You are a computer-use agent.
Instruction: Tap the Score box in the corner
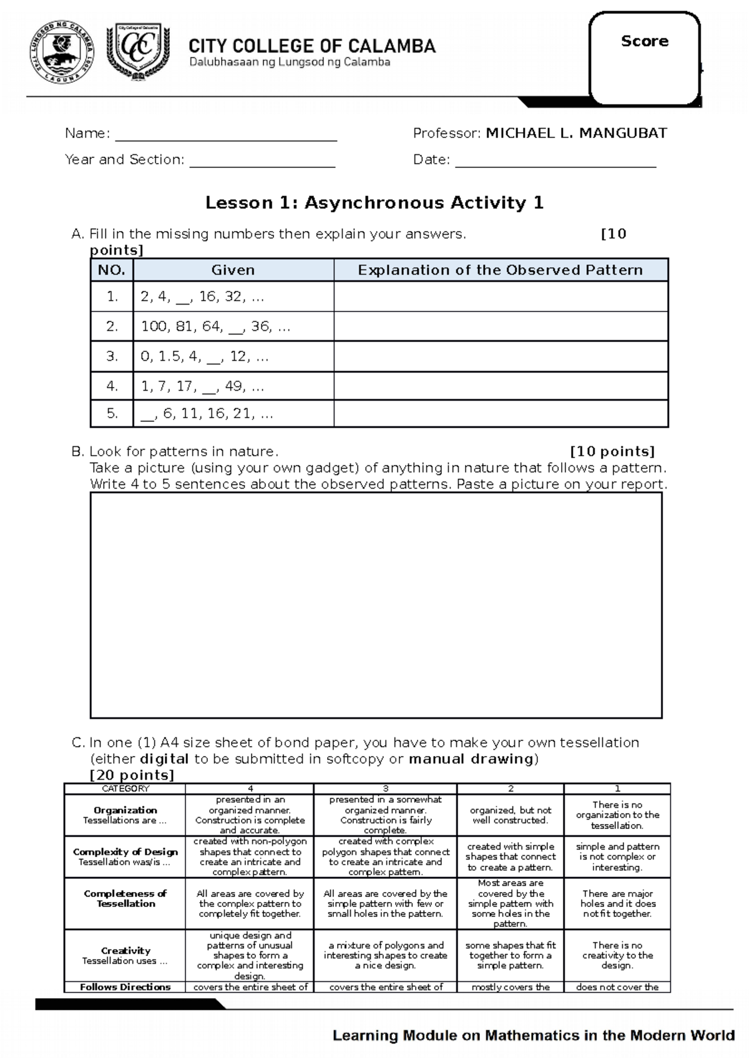tap(645, 59)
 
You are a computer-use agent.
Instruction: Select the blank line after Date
tap(556, 160)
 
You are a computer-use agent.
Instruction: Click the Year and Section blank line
tap(262, 160)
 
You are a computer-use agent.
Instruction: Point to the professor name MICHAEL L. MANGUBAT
tap(576, 133)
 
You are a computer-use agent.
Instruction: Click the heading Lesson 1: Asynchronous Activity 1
tap(374, 203)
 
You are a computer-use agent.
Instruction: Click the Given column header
tap(233, 270)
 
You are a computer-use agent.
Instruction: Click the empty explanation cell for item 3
tap(501, 357)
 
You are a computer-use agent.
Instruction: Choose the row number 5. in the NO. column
tap(112, 413)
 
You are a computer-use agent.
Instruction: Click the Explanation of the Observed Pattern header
tap(500, 270)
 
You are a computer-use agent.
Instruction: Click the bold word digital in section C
tap(164, 759)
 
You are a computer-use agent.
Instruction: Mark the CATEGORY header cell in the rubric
tap(125, 789)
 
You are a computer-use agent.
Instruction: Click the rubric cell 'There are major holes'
tap(617, 903)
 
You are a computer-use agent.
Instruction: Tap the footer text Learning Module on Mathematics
tap(533, 1036)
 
